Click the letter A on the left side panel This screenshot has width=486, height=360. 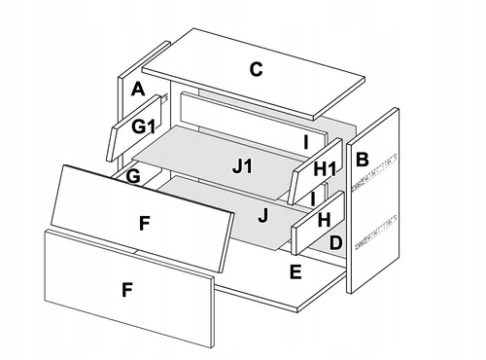138,90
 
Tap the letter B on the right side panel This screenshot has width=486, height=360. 363,160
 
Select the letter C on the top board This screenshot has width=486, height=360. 256,69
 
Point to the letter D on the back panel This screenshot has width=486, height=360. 335,242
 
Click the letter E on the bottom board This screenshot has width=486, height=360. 295,271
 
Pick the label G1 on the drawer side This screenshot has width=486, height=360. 143,126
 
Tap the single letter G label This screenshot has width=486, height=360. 133,176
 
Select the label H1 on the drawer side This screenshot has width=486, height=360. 325,169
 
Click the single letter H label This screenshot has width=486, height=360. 324,220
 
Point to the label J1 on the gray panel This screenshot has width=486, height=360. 242,167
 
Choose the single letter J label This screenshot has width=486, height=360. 263,215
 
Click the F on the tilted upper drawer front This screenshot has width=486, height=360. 145,224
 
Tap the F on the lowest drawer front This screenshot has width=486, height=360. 127,290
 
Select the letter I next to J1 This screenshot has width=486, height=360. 305,142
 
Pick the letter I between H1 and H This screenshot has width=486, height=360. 312,198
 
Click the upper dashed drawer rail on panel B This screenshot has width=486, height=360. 375,171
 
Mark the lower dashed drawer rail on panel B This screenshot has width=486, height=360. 376,233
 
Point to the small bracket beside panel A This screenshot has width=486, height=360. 164,97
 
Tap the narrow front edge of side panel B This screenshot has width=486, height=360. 349,218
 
